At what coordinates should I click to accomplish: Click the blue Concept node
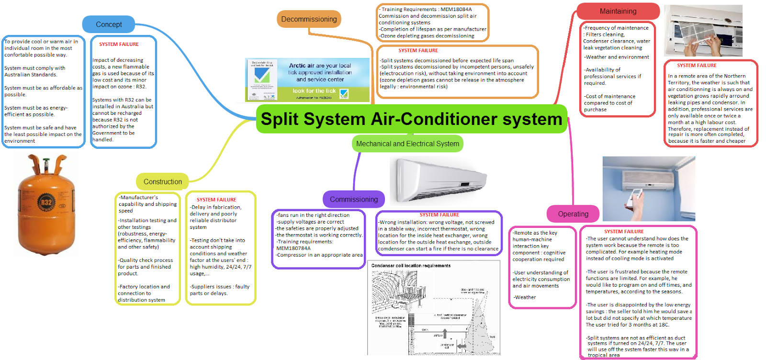[109, 24]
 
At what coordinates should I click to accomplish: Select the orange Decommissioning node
[309, 19]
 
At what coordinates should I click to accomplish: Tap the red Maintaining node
[618, 11]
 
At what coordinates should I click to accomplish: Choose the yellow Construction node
[162, 182]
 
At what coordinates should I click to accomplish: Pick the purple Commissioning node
[353, 200]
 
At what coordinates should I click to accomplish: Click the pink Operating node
[573, 214]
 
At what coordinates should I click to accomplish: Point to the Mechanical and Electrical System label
[407, 144]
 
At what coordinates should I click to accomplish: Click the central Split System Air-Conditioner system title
[411, 119]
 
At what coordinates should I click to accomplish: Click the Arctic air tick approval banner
[307, 79]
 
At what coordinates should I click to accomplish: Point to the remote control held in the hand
[635, 199]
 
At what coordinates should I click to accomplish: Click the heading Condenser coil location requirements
[411, 266]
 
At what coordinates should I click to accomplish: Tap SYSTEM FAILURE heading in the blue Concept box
[119, 45]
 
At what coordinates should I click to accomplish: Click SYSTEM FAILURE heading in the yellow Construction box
[216, 200]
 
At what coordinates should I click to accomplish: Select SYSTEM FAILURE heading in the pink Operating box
[624, 232]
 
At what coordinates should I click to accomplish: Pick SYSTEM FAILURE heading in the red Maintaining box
[697, 66]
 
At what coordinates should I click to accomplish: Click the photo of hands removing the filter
[703, 31]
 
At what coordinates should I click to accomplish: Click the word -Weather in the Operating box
[525, 297]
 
